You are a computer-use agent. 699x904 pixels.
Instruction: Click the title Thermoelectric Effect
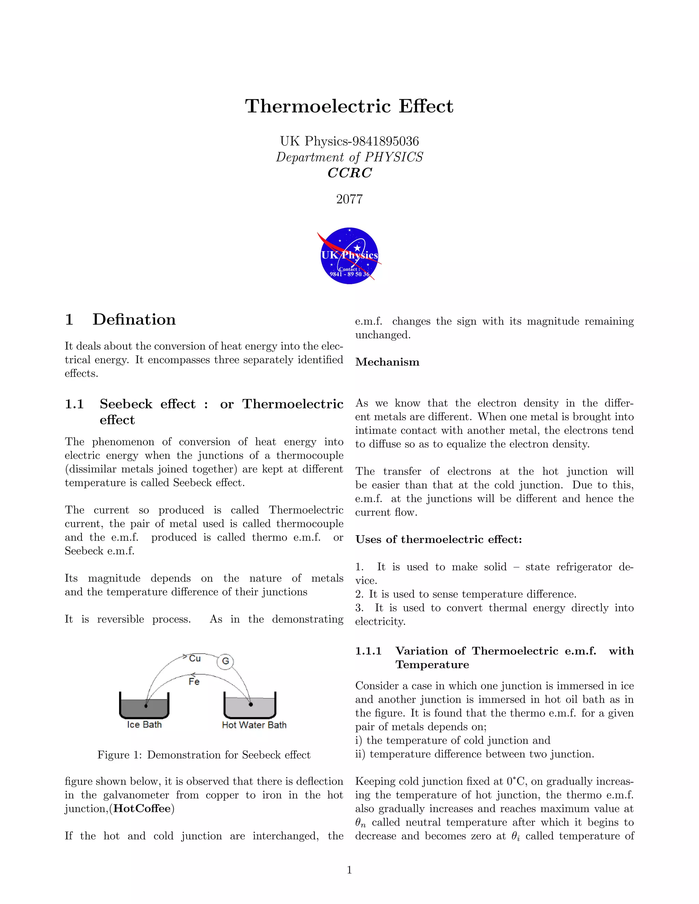click(x=349, y=106)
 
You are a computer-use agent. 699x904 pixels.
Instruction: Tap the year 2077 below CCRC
click(x=349, y=199)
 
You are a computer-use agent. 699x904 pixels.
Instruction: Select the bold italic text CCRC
click(x=349, y=173)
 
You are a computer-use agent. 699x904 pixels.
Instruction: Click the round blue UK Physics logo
click(x=349, y=256)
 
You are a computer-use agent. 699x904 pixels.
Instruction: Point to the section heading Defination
click(x=134, y=320)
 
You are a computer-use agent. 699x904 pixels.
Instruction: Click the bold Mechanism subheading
click(x=387, y=362)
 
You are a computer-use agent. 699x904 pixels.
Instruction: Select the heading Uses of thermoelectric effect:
click(x=439, y=539)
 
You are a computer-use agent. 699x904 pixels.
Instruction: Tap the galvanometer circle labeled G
click(x=225, y=661)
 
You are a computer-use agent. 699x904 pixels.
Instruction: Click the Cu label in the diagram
click(x=195, y=658)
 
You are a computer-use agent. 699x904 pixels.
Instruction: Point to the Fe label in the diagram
click(x=194, y=682)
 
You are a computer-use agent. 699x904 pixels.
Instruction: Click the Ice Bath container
click(x=144, y=706)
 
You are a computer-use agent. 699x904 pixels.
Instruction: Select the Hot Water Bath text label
click(x=254, y=725)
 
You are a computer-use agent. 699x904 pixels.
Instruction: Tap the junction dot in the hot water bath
click(x=251, y=704)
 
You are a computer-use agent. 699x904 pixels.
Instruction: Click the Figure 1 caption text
click(x=204, y=755)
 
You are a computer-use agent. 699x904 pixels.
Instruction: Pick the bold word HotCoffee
click(x=142, y=809)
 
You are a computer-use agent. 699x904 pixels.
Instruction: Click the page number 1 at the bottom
click(x=349, y=870)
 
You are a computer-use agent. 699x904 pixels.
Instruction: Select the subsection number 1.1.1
click(x=368, y=651)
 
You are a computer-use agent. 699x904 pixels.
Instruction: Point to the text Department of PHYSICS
click(x=349, y=157)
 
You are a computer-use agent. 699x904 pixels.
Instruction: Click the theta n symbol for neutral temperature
click(x=360, y=823)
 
